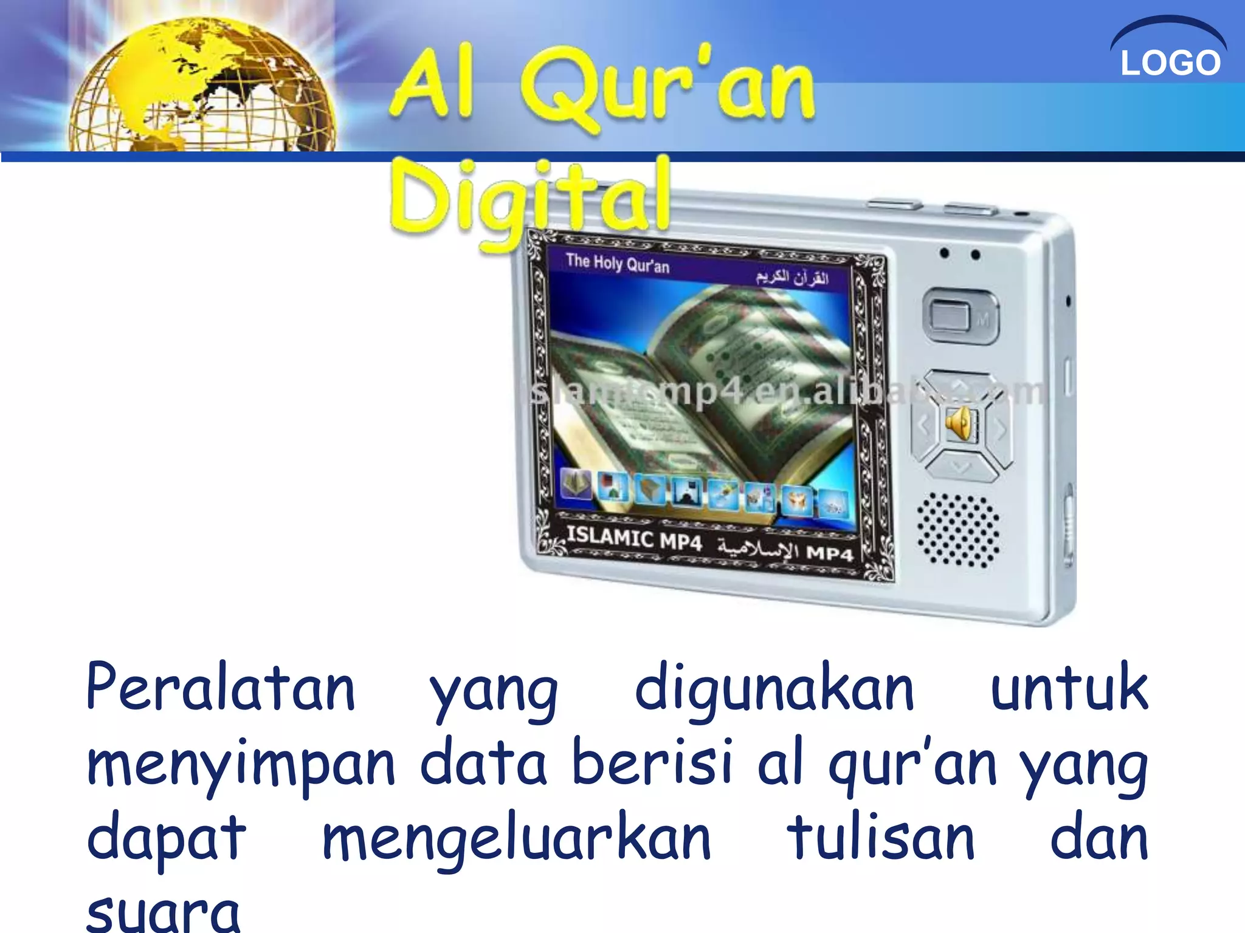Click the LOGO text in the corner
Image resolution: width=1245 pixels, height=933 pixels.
(x=1170, y=63)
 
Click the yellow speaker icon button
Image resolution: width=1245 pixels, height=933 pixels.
(x=961, y=423)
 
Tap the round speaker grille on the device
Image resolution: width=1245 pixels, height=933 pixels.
(x=958, y=530)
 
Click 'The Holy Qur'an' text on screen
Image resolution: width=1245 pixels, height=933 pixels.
(x=617, y=264)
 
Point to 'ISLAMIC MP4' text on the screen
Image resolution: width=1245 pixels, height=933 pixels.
(x=634, y=538)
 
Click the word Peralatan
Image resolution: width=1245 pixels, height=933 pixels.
(x=221, y=688)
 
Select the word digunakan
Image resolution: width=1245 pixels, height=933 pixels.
(x=774, y=691)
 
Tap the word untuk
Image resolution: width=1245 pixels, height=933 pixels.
(x=1069, y=688)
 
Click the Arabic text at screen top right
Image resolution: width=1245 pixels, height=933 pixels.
(x=792, y=278)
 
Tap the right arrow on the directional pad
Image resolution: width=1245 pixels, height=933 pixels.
(x=1000, y=428)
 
